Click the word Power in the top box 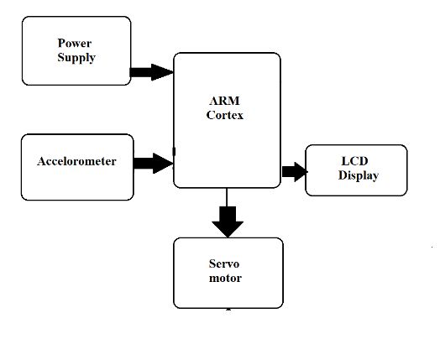tap(76, 44)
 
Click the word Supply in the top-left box tap(76, 58)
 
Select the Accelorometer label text tap(76, 161)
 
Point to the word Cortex tap(225, 116)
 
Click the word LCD tap(354, 160)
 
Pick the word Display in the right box tap(359, 175)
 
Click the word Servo tap(225, 263)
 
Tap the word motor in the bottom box tap(225, 278)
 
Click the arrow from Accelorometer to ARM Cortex tap(153, 162)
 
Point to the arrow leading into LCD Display tap(294, 171)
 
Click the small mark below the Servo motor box tap(228, 310)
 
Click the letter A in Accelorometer tap(41, 161)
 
